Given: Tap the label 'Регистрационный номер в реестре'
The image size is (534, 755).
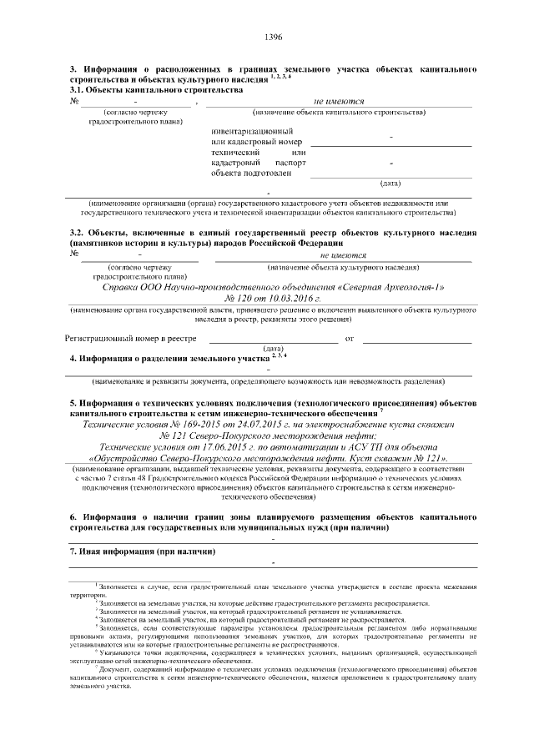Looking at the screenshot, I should [x=131, y=338].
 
